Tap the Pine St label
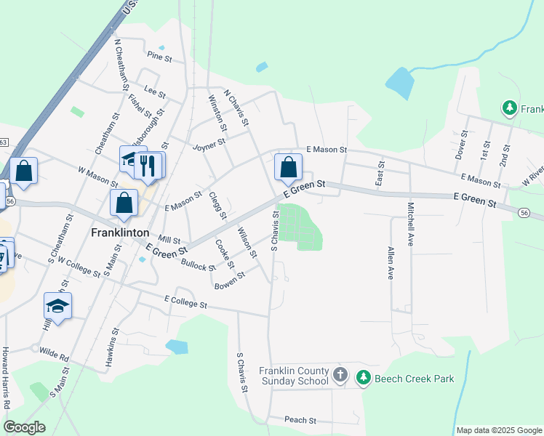pos(159,55)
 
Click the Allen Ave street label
pos(390,263)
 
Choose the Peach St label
pos(300,420)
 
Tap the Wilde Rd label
pos(53,358)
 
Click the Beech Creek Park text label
pos(414,378)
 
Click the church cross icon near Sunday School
pos(340,376)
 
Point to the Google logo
pos(24,427)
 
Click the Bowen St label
pos(230,280)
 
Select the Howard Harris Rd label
pos(5,377)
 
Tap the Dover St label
pos(460,146)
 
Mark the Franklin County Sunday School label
pos(294,376)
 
